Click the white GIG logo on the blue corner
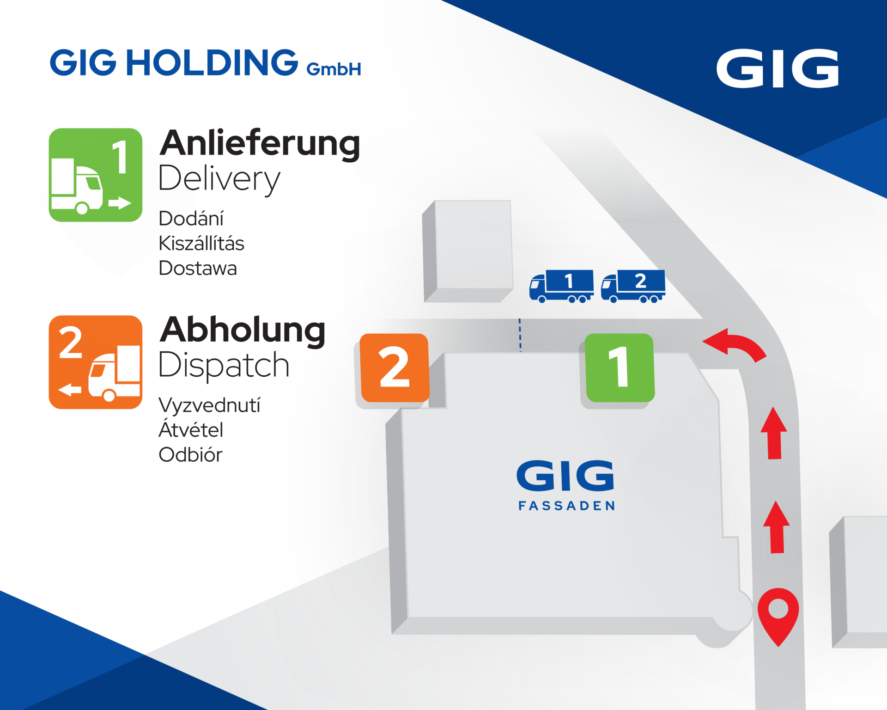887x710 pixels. pyautogui.click(x=778, y=68)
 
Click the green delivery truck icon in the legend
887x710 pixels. pyautogui.click(x=96, y=175)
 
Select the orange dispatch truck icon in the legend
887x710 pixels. pyautogui.click(x=96, y=362)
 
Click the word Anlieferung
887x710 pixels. pyautogui.click(x=260, y=143)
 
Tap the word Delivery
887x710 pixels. pyautogui.click(x=219, y=179)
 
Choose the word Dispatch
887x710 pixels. pyautogui.click(x=224, y=365)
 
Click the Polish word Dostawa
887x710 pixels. pyautogui.click(x=198, y=268)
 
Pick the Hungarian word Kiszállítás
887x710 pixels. pyautogui.click(x=201, y=243)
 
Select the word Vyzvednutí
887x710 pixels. pyautogui.click(x=210, y=405)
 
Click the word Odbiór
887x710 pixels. pyautogui.click(x=190, y=454)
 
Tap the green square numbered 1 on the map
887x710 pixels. pyautogui.click(x=620, y=368)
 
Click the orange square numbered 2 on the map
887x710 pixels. pyautogui.click(x=395, y=368)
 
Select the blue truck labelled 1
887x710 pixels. pyautogui.click(x=561, y=286)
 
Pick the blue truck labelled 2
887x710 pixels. pyautogui.click(x=633, y=286)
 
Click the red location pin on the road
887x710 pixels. pyautogui.click(x=778, y=617)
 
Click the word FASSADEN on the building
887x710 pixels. pyautogui.click(x=566, y=506)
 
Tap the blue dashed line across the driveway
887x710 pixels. pyautogui.click(x=520, y=335)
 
